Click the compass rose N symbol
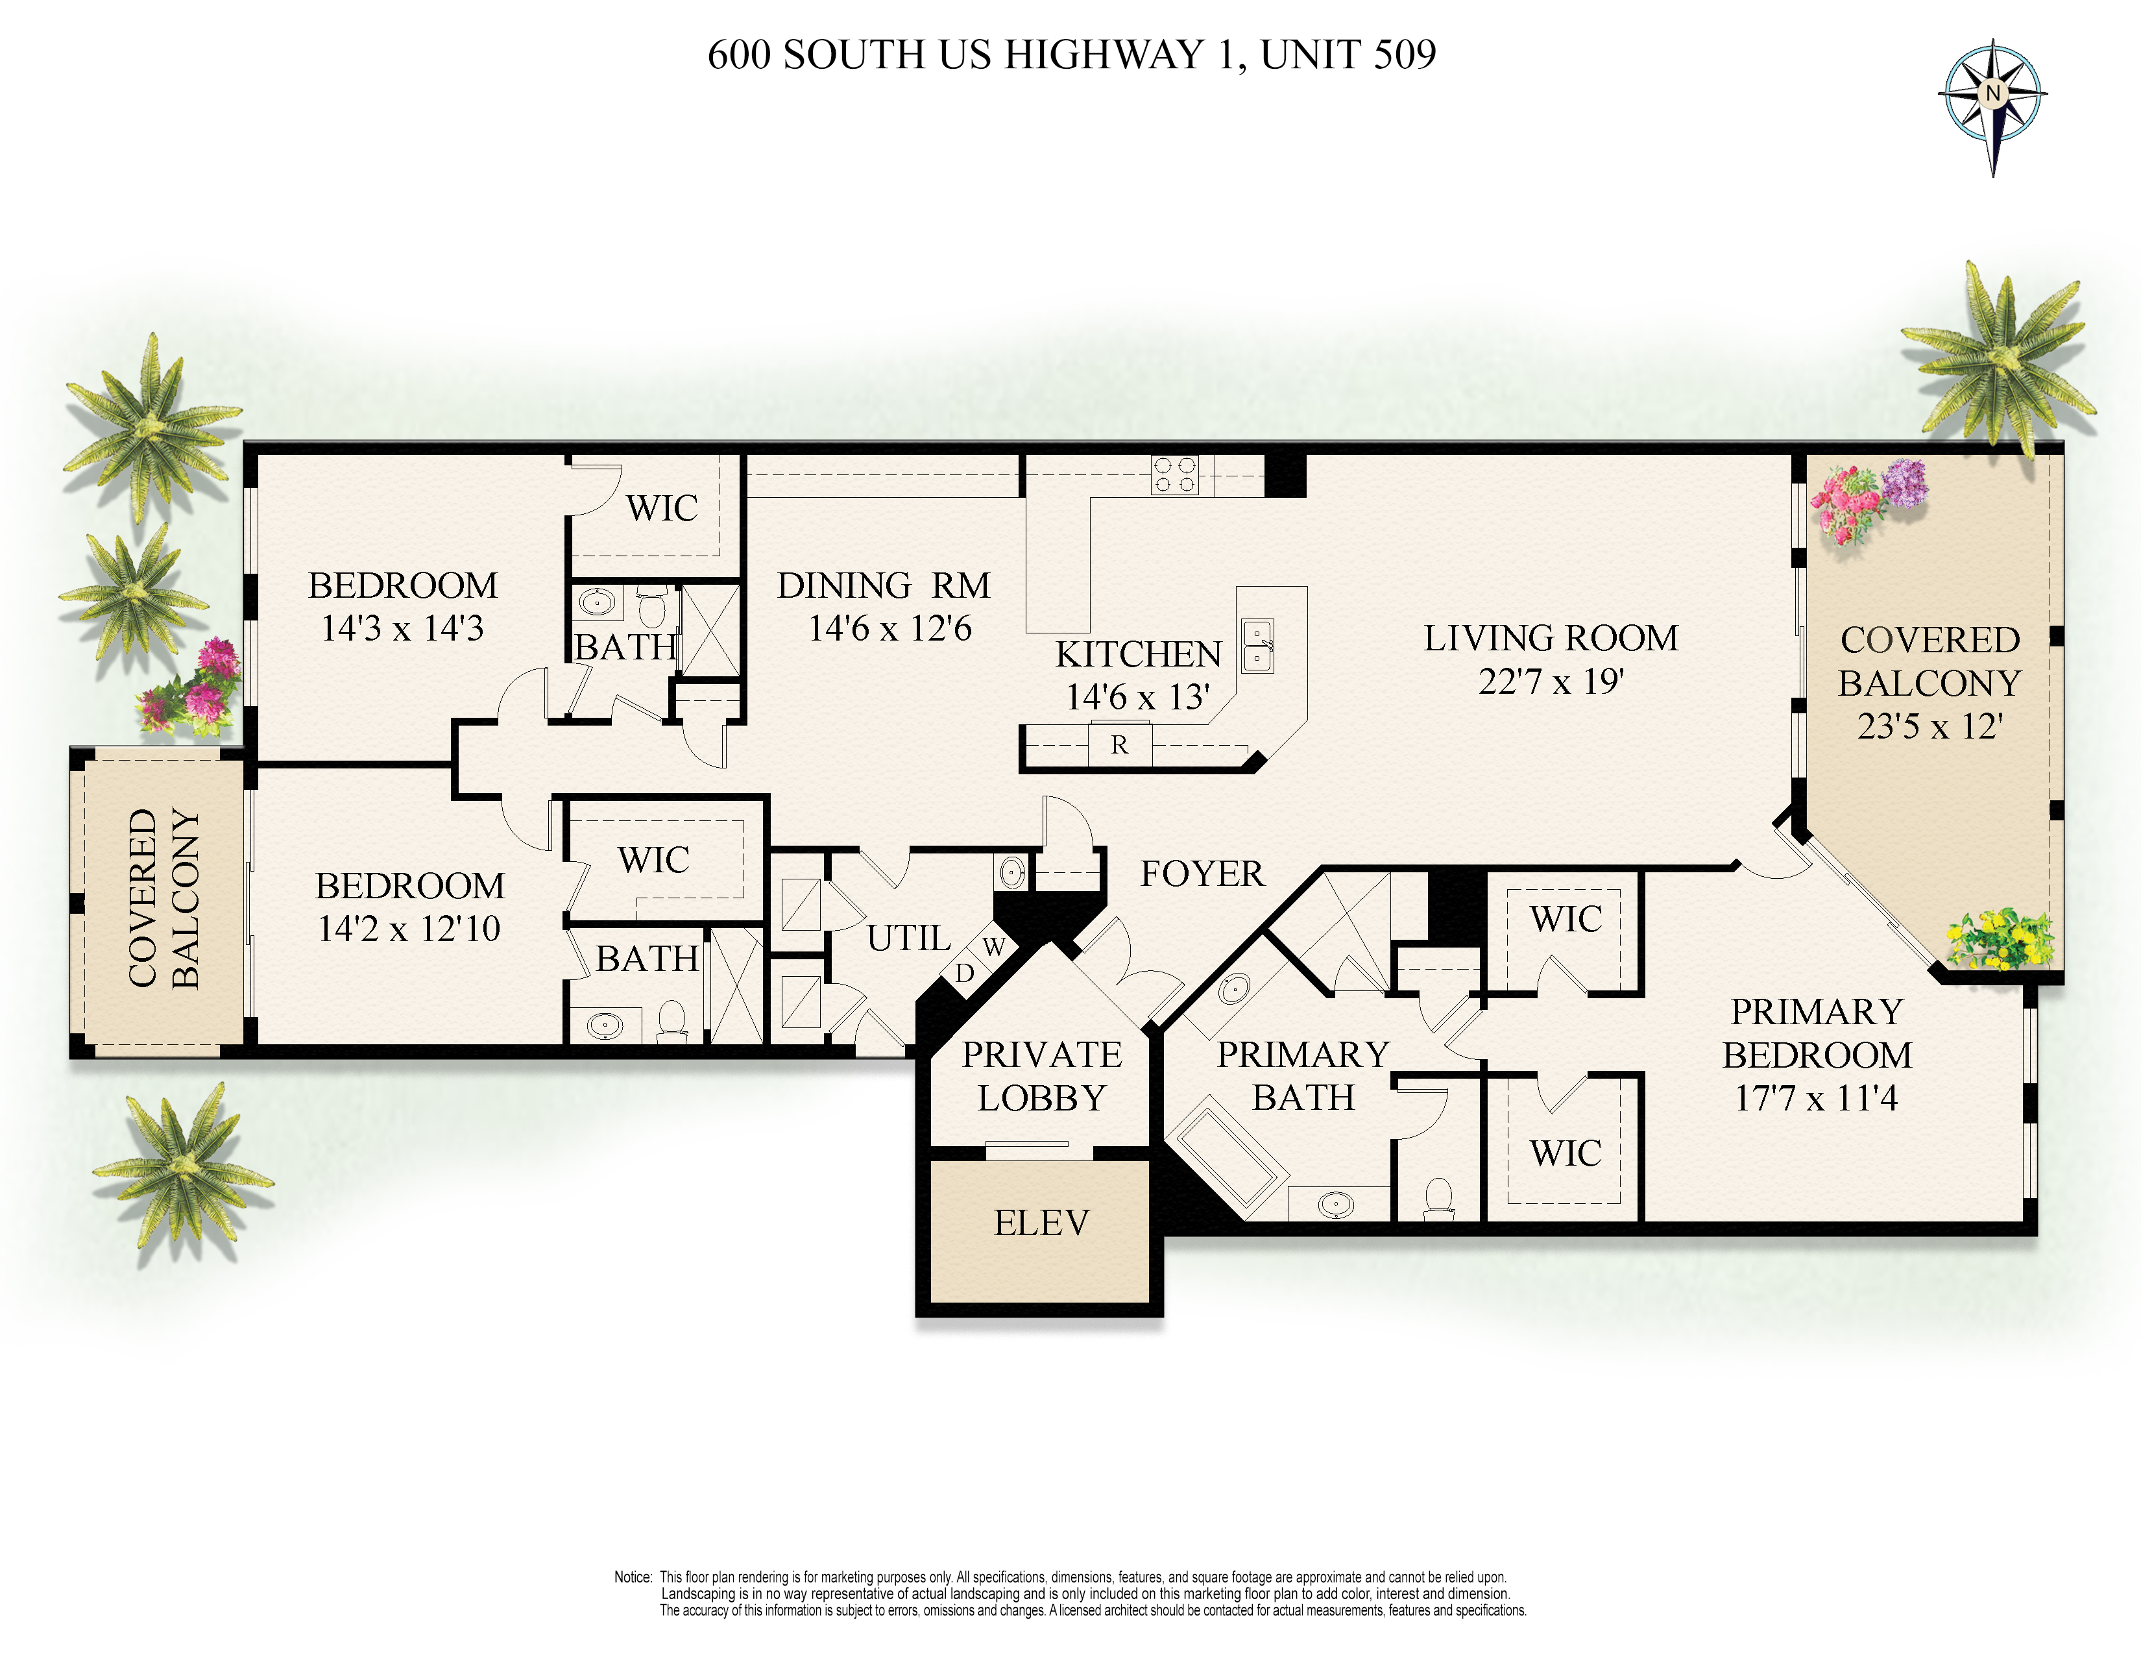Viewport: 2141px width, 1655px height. (x=1992, y=94)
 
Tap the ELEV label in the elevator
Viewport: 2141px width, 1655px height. (x=1041, y=1223)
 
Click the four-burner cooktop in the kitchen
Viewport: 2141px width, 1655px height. (x=1174, y=474)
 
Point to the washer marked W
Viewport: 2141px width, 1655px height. (x=994, y=947)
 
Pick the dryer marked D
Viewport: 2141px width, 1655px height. (x=965, y=974)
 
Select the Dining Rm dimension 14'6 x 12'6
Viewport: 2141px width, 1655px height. (x=889, y=628)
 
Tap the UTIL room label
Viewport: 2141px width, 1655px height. (x=909, y=938)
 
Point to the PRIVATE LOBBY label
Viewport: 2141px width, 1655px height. (x=1042, y=1075)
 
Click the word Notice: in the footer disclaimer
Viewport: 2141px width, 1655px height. (x=633, y=1576)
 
